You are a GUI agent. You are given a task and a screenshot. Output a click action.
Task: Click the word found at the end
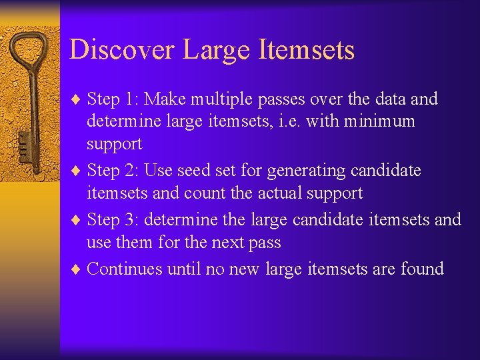[422, 269]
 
